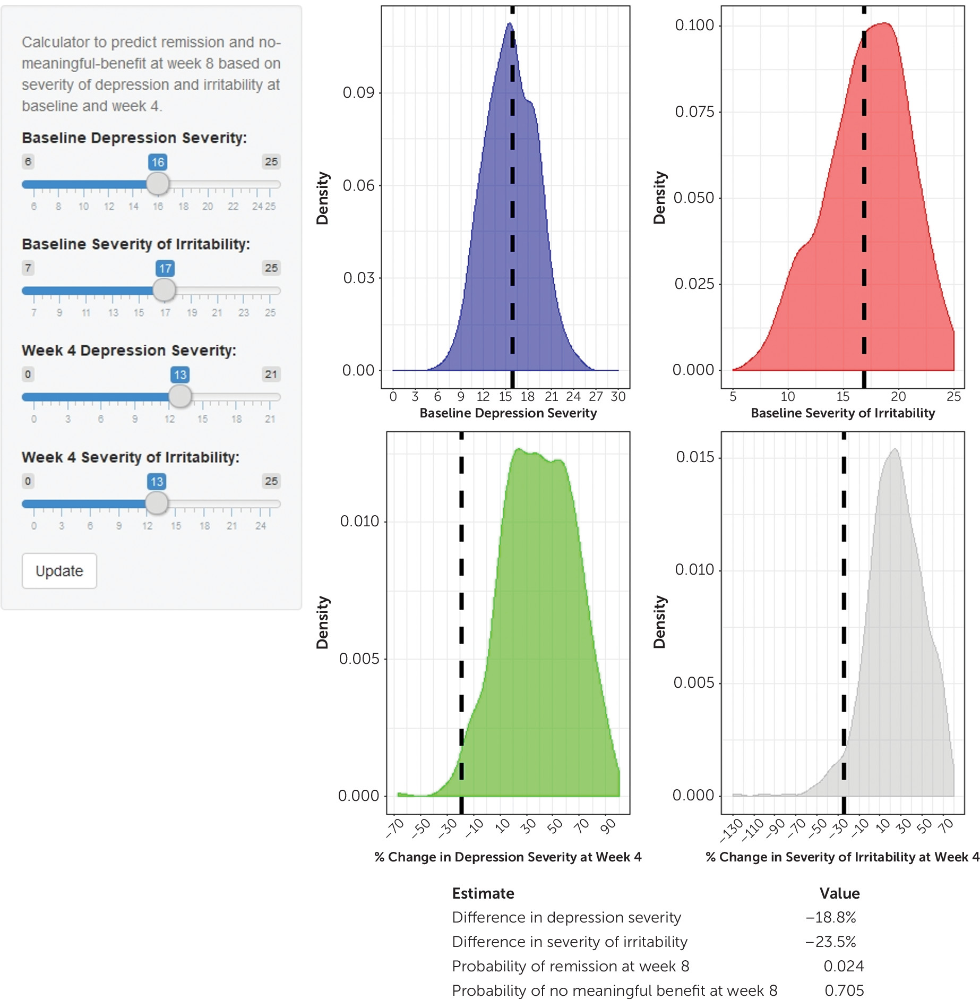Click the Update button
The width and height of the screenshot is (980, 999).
(59, 571)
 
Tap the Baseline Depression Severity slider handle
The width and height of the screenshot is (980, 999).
(158, 184)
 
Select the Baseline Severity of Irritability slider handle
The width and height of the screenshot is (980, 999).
(164, 290)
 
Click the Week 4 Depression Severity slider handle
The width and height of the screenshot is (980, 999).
(180, 396)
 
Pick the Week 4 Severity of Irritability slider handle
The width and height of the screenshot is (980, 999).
(157, 503)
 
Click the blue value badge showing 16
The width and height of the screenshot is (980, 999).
(158, 162)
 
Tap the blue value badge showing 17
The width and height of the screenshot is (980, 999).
(165, 268)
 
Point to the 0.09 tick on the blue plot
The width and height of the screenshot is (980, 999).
(359, 93)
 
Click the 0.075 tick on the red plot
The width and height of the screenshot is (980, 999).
(694, 112)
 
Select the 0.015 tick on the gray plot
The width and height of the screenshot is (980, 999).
(695, 457)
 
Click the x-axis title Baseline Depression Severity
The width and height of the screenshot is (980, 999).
(508, 413)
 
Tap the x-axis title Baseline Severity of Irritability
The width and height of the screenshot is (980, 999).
(843, 413)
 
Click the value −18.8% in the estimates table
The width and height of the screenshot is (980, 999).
(831, 917)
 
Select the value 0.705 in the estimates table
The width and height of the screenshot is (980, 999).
(844, 991)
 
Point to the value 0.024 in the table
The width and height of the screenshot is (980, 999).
(844, 966)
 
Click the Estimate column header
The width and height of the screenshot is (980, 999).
(483, 893)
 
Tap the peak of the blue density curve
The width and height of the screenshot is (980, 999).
(509, 24)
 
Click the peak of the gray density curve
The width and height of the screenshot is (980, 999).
(895, 450)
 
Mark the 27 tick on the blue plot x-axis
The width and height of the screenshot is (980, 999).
(596, 397)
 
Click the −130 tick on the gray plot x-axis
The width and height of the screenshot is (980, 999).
(732, 831)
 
